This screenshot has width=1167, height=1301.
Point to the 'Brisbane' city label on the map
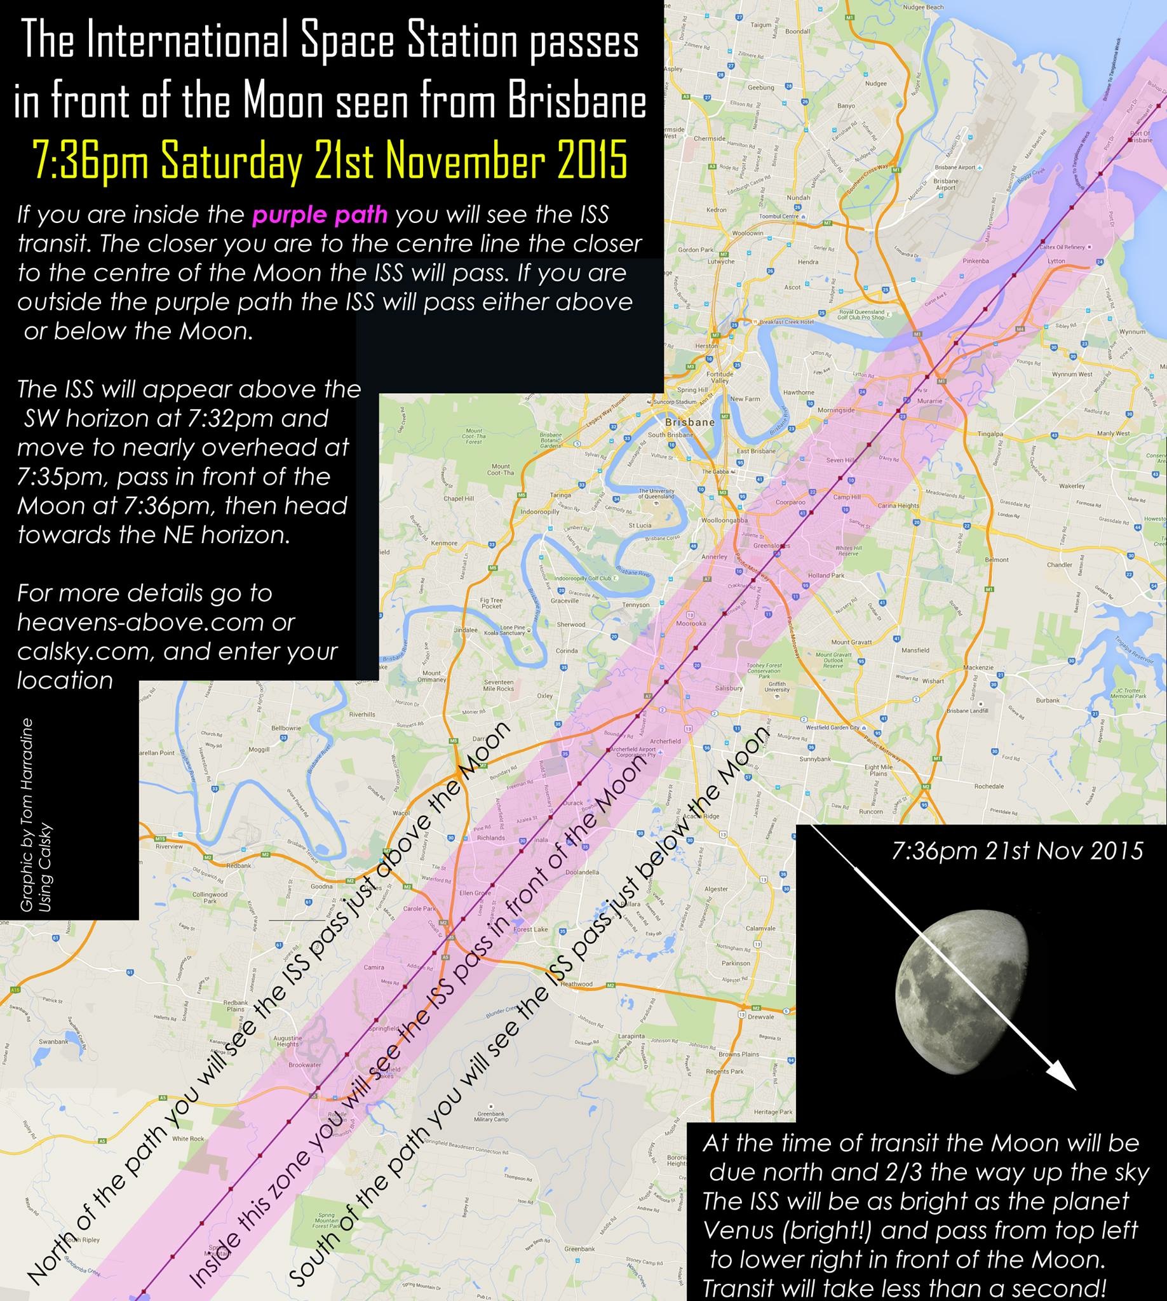pyautogui.click(x=690, y=422)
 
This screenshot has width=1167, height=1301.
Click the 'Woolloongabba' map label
pyautogui.click(x=727, y=520)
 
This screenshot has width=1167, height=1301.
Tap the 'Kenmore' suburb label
pyautogui.click(x=444, y=543)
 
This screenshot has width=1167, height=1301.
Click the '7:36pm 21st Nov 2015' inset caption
pyautogui.click(x=1018, y=851)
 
